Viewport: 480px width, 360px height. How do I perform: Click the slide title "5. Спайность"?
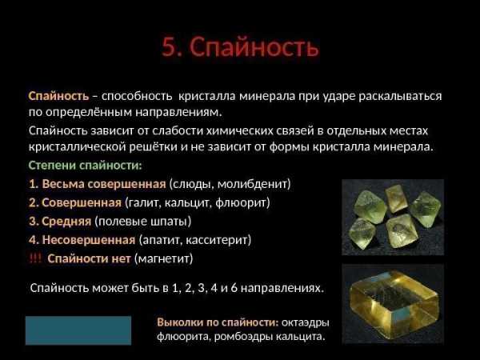pyautogui.click(x=240, y=47)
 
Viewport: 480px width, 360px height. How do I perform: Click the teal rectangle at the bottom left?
pyautogui.click(x=78, y=330)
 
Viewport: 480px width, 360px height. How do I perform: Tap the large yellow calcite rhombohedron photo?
pyautogui.click(x=393, y=304)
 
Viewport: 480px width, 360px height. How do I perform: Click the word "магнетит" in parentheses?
pyautogui.click(x=164, y=258)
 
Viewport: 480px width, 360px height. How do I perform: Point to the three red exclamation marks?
pyautogui.click(x=35, y=258)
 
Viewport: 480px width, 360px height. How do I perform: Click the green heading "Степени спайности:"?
pyautogui.click(x=86, y=166)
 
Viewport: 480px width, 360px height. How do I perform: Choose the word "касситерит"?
pyautogui.click(x=217, y=240)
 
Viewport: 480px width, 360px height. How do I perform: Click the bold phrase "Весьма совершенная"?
pyautogui.click(x=104, y=184)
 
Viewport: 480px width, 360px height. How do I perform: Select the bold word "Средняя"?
pyautogui.click(x=66, y=222)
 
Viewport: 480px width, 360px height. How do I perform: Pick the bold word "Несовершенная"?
pyautogui.click(x=89, y=240)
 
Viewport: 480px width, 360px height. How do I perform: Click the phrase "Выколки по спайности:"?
pyautogui.click(x=218, y=322)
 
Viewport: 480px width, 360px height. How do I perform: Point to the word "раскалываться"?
pyautogui.click(x=400, y=97)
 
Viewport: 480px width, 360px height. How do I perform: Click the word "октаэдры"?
pyautogui.click(x=306, y=322)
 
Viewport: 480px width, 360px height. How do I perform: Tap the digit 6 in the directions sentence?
pyautogui.click(x=234, y=288)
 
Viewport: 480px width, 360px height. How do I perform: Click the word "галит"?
pyautogui.click(x=145, y=202)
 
